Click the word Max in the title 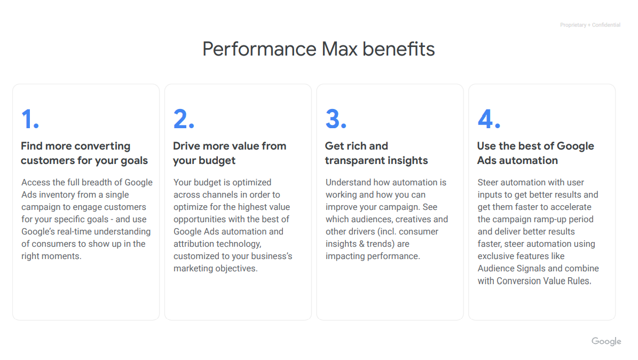(340, 49)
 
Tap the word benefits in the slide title (398, 49)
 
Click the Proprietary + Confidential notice (590, 25)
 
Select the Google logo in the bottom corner (607, 341)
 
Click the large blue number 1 (30, 119)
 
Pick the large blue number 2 (184, 119)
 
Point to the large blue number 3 (336, 119)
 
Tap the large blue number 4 (489, 119)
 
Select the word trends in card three (380, 244)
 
